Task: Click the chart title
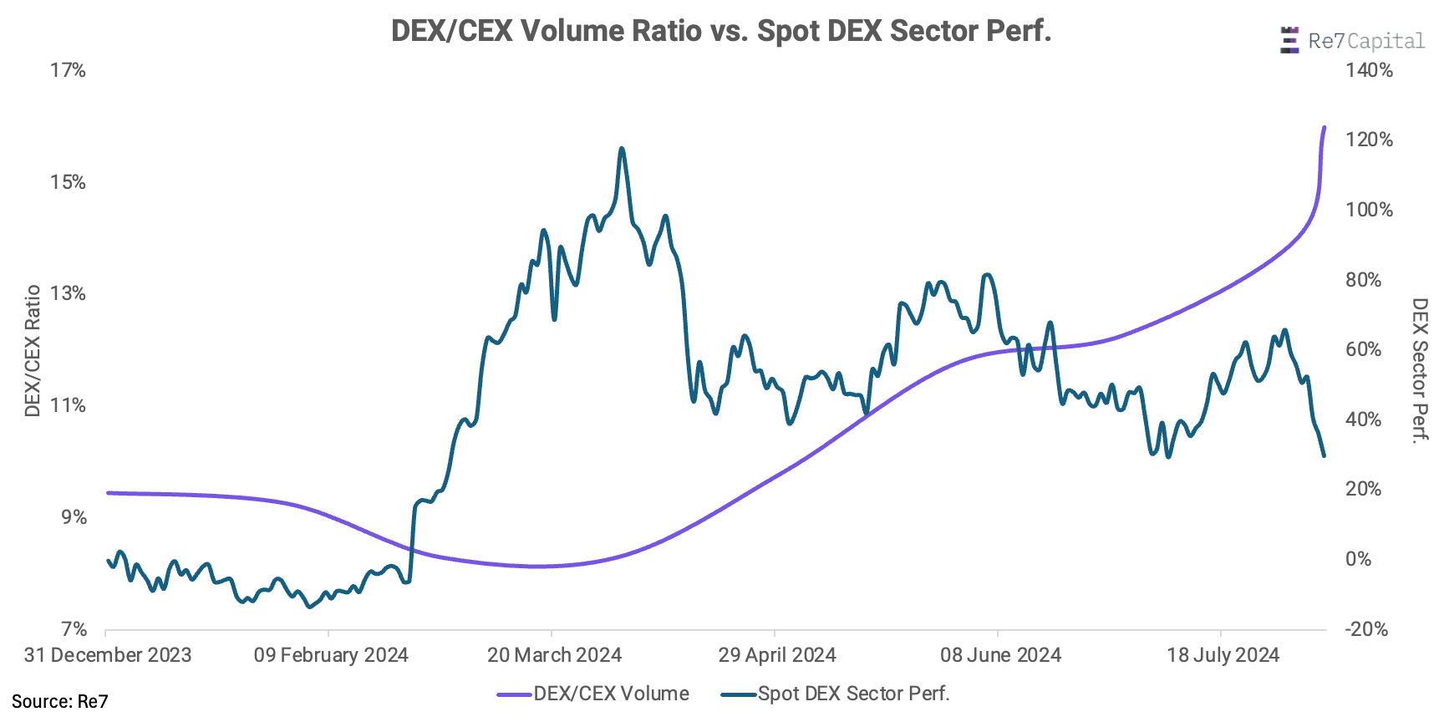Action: click(x=720, y=31)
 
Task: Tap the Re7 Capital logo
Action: click(x=1351, y=40)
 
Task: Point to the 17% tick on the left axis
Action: click(x=68, y=70)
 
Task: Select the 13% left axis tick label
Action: click(x=68, y=293)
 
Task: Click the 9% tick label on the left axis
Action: click(x=74, y=517)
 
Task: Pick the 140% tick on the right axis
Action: click(x=1369, y=70)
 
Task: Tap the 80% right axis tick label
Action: click(x=1363, y=280)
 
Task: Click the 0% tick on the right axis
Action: click(x=1358, y=559)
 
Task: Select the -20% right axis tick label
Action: click(x=1365, y=629)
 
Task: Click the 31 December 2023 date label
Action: click(x=108, y=655)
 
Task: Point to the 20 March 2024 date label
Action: click(x=554, y=655)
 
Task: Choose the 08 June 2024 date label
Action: click(x=1000, y=655)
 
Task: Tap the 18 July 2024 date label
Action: click(x=1223, y=655)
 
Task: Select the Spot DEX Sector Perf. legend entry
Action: click(x=836, y=694)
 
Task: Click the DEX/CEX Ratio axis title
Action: click(x=33, y=350)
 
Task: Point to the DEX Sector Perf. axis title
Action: click(x=1420, y=369)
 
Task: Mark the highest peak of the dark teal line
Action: click(x=621, y=149)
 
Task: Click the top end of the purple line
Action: click(x=1324, y=128)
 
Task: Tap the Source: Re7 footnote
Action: click(x=59, y=702)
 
